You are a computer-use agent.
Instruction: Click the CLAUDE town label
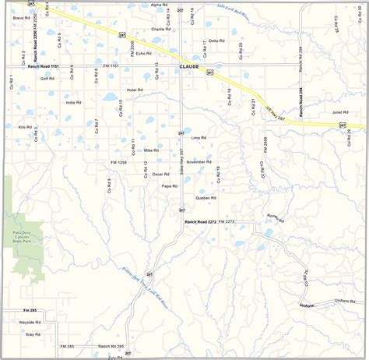point(189,68)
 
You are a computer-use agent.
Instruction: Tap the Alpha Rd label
point(158,5)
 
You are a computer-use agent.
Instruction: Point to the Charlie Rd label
point(159,29)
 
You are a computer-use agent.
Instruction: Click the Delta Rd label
point(216,40)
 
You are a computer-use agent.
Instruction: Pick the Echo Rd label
point(142,53)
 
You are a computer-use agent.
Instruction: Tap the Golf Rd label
point(47,79)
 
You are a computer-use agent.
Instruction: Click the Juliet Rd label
point(339,112)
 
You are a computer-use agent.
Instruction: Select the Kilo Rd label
point(24,126)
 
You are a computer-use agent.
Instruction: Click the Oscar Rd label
point(160,174)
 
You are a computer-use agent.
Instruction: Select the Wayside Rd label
point(29,321)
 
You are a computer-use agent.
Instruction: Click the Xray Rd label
point(33,334)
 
